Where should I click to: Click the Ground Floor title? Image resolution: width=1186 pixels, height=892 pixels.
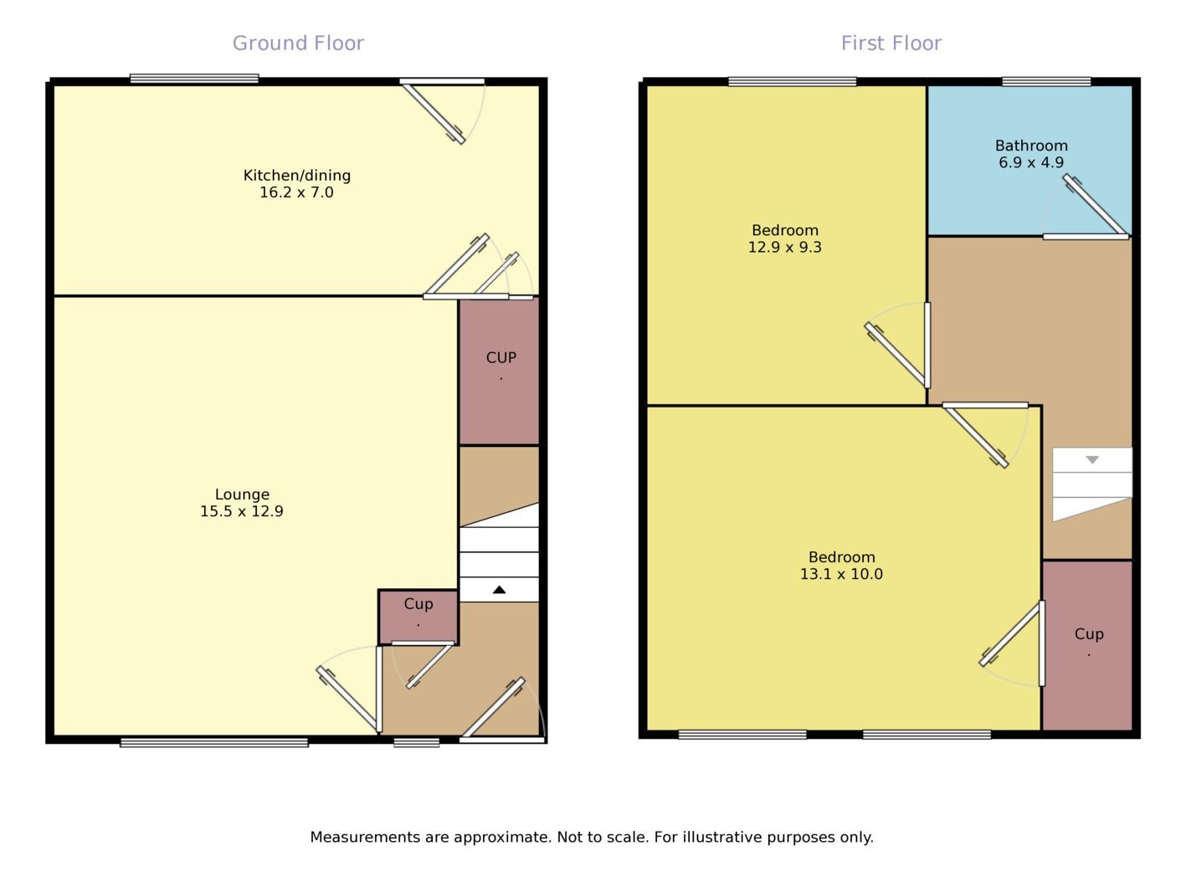pyautogui.click(x=298, y=43)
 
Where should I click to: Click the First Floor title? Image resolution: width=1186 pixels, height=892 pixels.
pyautogui.click(x=891, y=43)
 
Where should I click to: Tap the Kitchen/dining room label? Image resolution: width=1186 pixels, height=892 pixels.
pyautogui.click(x=296, y=175)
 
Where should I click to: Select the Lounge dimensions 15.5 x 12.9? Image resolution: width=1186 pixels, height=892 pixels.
pyautogui.click(x=241, y=511)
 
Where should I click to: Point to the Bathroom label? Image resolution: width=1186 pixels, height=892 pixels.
pyautogui.click(x=1030, y=145)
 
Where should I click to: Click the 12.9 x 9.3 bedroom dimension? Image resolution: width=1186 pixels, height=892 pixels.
pyautogui.click(x=784, y=247)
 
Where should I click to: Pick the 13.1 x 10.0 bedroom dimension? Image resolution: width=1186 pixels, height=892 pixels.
pyautogui.click(x=841, y=574)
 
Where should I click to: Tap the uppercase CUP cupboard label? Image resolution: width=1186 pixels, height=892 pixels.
pyautogui.click(x=501, y=357)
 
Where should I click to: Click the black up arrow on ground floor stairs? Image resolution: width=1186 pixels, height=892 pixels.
pyautogui.click(x=499, y=590)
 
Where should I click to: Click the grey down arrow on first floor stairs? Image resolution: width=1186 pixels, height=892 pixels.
pyautogui.click(x=1091, y=459)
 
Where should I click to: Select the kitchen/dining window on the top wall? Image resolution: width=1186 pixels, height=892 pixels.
pyautogui.click(x=194, y=79)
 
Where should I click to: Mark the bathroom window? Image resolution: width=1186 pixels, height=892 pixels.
pyautogui.click(x=1046, y=81)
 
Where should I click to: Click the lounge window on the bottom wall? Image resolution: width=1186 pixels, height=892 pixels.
pyautogui.click(x=214, y=742)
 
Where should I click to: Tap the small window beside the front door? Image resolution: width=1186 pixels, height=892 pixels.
pyautogui.click(x=416, y=742)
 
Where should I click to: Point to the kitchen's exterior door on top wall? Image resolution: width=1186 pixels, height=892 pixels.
pyautogui.click(x=442, y=82)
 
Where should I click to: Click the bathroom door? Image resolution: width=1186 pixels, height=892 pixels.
pyautogui.click(x=1086, y=236)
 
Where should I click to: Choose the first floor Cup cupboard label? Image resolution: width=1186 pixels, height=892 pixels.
pyautogui.click(x=1088, y=633)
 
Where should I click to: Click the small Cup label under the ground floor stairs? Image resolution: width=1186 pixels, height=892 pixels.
pyautogui.click(x=418, y=603)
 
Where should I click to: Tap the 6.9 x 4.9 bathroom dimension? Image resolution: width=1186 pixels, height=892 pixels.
pyautogui.click(x=1030, y=162)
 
